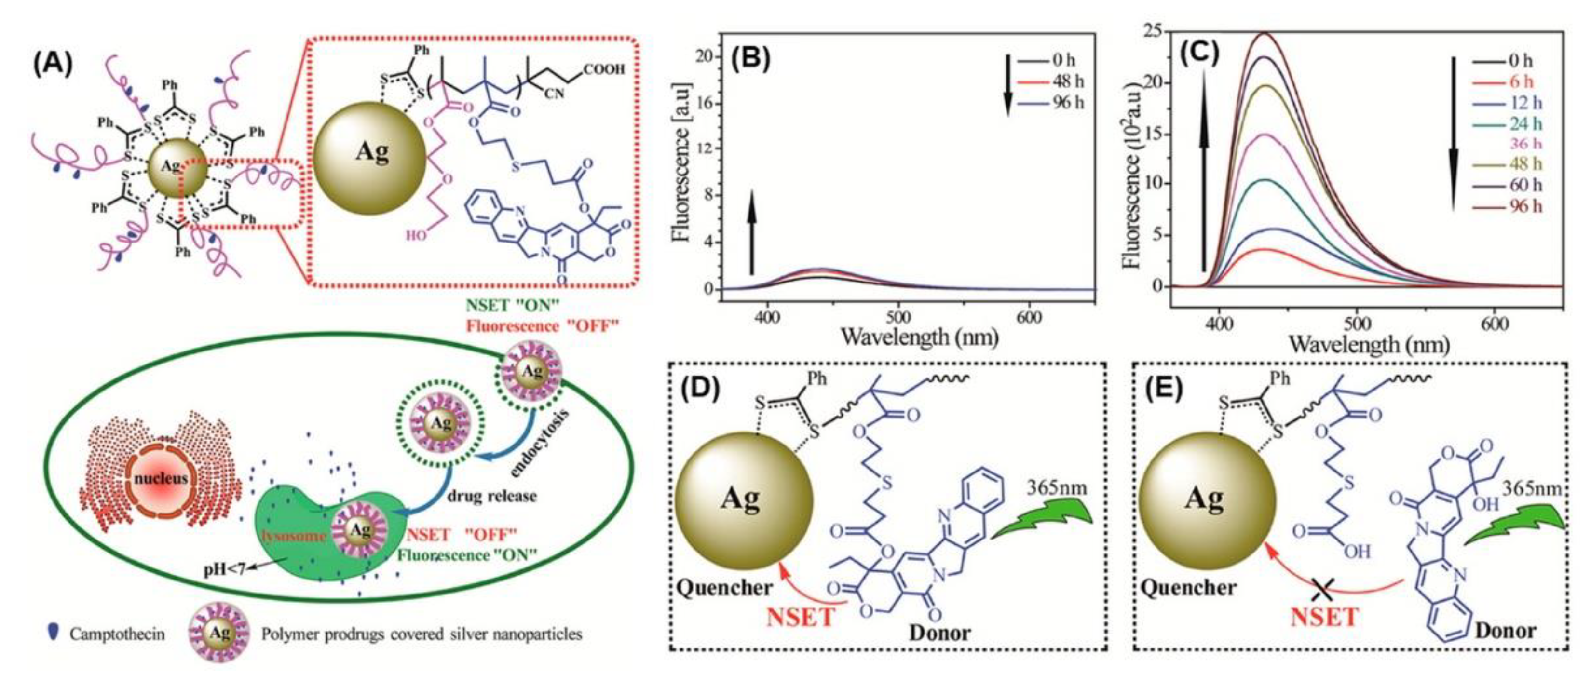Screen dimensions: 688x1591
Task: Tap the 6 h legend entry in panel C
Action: pos(1521,81)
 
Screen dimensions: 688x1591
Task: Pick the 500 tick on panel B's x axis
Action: pos(898,316)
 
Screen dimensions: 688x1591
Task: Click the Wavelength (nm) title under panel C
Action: pos(1368,343)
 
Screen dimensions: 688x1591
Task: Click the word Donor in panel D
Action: pos(939,633)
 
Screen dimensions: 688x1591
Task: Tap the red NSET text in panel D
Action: pos(802,617)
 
